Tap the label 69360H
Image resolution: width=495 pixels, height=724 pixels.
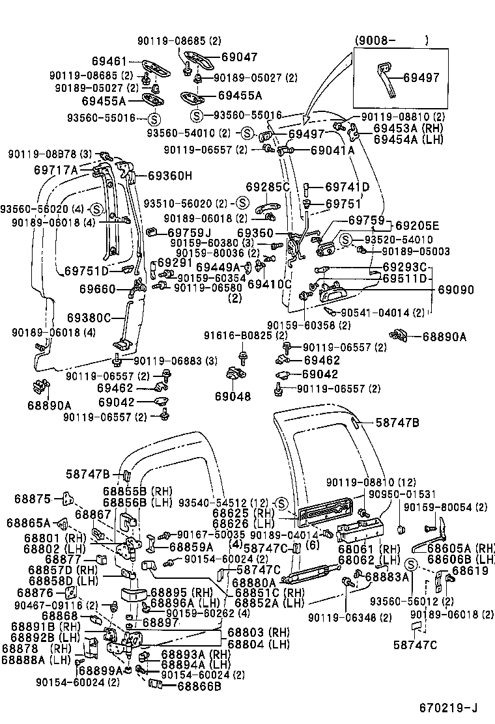tap(169, 175)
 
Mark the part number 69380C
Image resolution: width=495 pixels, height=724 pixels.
tap(89, 318)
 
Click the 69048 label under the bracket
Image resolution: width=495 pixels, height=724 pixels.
tap(233, 396)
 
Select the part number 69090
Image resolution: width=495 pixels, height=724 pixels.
tap(455, 290)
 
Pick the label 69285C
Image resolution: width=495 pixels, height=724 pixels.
tap(267, 188)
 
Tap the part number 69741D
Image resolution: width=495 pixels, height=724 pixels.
tap(347, 188)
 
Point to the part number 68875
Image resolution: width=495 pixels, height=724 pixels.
tap(32, 499)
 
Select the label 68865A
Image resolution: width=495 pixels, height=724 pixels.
tap(29, 522)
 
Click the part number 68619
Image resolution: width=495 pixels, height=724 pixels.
tap(470, 570)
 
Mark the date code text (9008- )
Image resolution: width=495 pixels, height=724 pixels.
tap(391, 40)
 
